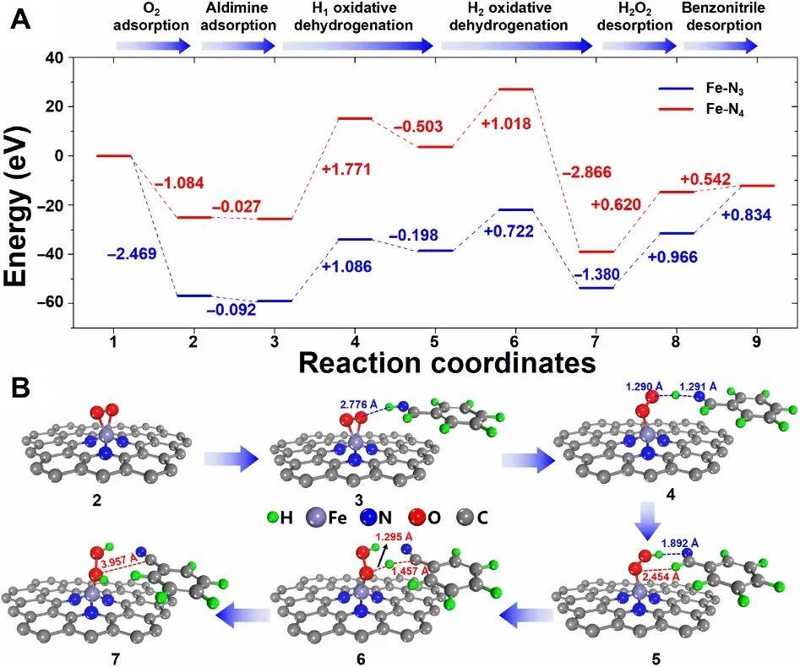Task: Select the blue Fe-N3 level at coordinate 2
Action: (193, 296)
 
